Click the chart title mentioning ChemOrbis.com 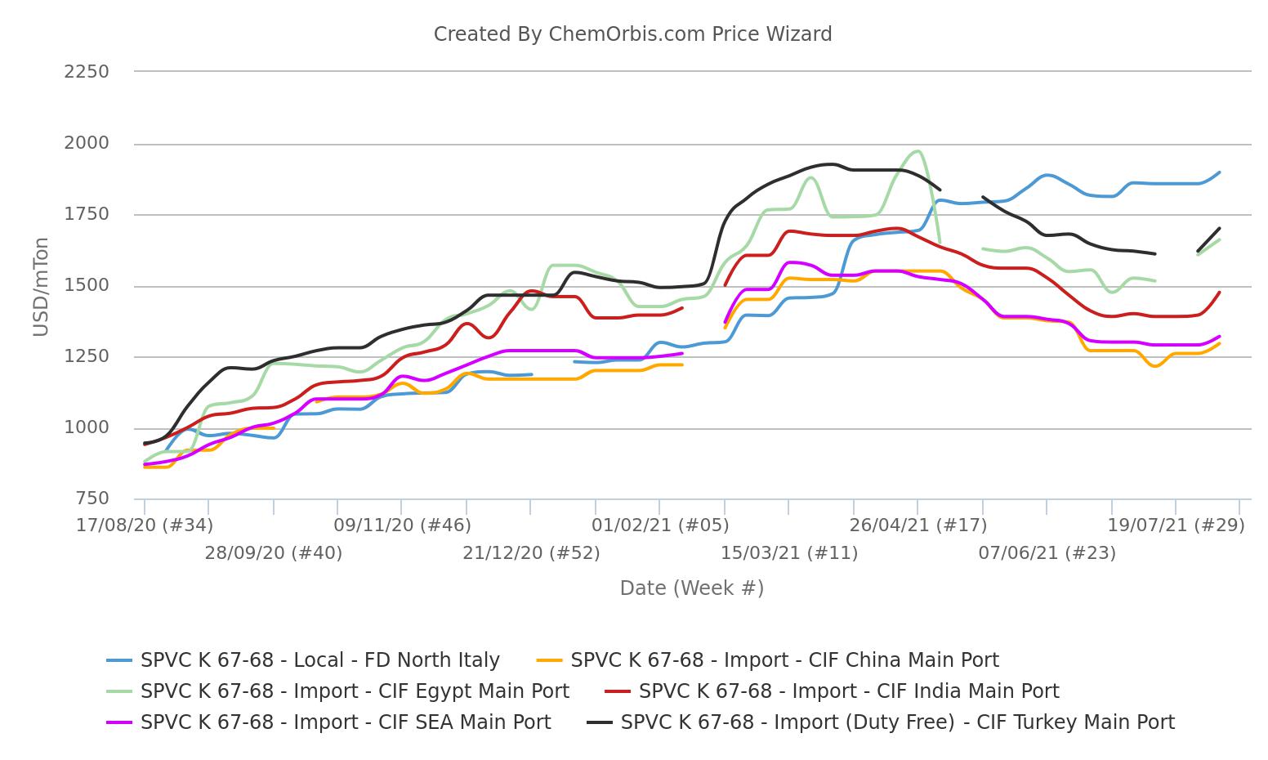[x=632, y=34]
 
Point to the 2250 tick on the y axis [x=87, y=72]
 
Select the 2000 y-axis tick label [x=87, y=144]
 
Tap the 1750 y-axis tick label [x=87, y=215]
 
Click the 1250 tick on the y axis [x=87, y=357]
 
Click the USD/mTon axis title [x=41, y=286]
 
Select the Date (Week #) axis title [x=691, y=588]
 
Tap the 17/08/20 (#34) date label [x=145, y=525]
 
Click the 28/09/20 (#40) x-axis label [x=273, y=553]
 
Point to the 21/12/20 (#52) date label [x=531, y=553]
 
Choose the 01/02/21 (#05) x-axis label [x=660, y=525]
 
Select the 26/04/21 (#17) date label [x=918, y=525]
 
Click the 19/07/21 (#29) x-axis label [x=1176, y=525]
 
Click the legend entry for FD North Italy [x=319, y=660]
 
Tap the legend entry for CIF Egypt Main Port [x=355, y=691]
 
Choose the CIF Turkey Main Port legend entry [x=897, y=722]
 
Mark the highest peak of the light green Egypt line [x=918, y=151]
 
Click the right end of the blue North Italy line [x=1219, y=172]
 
